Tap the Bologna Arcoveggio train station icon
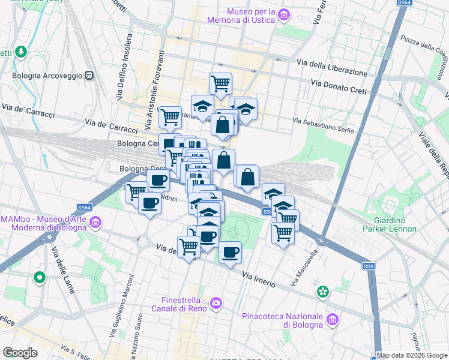89,76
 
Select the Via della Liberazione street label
332,67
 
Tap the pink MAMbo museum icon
95,224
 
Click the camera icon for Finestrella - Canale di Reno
215,305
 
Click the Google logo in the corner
20,352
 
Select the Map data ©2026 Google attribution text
412,355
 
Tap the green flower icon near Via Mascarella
324,292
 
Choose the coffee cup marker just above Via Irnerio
229,252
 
